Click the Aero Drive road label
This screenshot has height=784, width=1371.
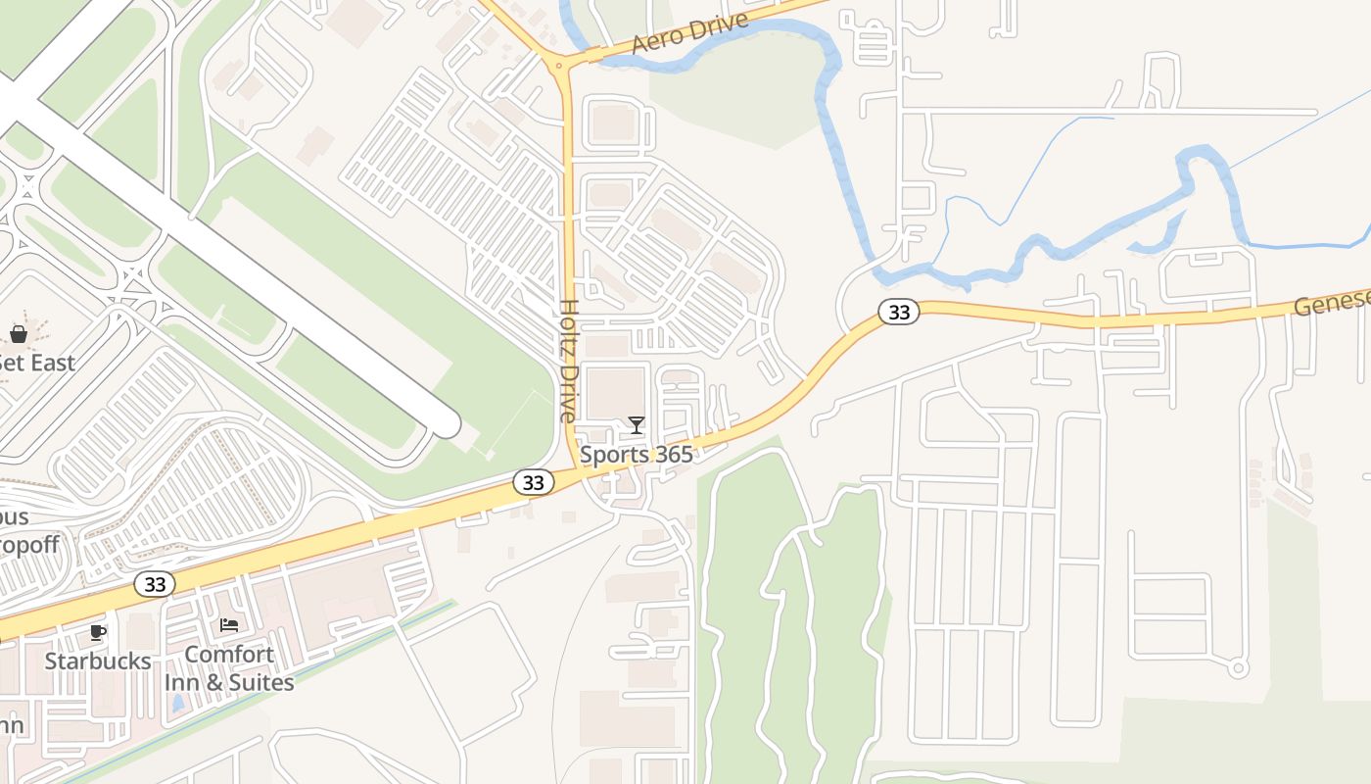[689, 33]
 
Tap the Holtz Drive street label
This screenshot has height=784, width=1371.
[569, 361]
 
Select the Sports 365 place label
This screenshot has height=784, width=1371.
[636, 455]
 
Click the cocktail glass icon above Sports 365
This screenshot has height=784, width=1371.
[637, 425]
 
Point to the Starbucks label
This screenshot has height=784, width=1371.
[98, 661]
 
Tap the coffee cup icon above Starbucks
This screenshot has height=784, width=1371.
[98, 632]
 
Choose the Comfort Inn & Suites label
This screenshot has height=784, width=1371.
[229, 668]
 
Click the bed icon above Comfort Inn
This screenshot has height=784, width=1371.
[229, 625]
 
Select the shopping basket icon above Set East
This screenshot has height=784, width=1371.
[19, 334]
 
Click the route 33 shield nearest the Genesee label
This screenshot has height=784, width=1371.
[898, 313]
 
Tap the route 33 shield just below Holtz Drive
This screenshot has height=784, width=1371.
[533, 482]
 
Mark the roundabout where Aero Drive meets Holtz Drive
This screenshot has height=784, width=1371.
[559, 67]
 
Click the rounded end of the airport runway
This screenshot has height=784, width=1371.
[446, 424]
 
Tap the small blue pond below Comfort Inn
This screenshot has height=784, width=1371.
[177, 704]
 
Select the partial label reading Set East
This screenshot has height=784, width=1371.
[37, 364]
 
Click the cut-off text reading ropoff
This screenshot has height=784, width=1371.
[29, 545]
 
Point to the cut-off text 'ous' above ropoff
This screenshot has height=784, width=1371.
[14, 516]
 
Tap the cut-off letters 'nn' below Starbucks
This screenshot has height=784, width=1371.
[12, 726]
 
